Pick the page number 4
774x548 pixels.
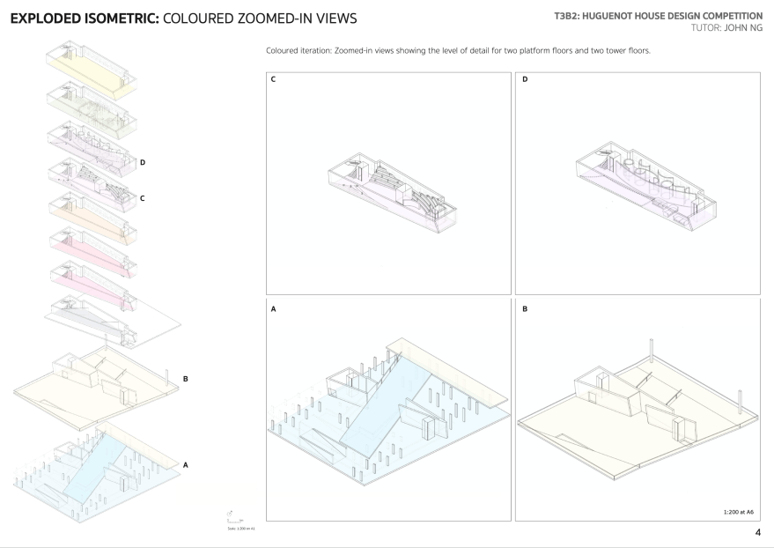pyautogui.click(x=757, y=531)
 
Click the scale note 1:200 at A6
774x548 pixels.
pyautogui.click(x=736, y=511)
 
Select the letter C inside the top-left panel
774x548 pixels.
pyautogui.click(x=274, y=80)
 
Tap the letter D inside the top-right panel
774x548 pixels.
pyautogui.click(x=525, y=80)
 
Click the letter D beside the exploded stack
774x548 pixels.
pyautogui.click(x=142, y=162)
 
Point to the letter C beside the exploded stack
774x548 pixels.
pyautogui.click(x=142, y=198)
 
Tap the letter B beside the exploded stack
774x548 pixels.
pyautogui.click(x=185, y=379)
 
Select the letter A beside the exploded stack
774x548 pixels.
pyautogui.click(x=185, y=462)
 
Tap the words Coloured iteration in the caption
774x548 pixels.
pyautogui.click(x=299, y=50)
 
